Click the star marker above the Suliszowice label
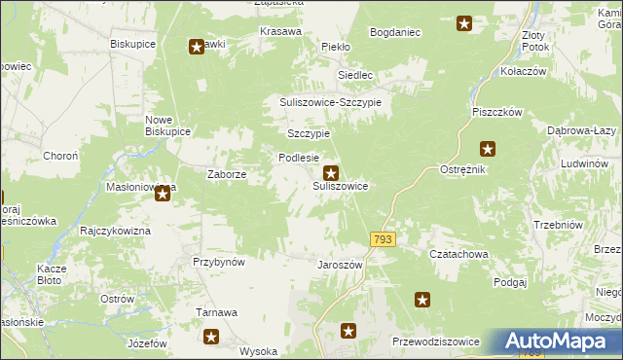331,172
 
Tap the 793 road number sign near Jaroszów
382,239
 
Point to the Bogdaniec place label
394,32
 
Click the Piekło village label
335,46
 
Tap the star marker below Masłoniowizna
163,195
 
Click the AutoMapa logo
558,342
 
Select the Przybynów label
218,262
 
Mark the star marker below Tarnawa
211,338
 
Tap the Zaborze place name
226,174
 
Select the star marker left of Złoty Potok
464,23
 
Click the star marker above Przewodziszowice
422,301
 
